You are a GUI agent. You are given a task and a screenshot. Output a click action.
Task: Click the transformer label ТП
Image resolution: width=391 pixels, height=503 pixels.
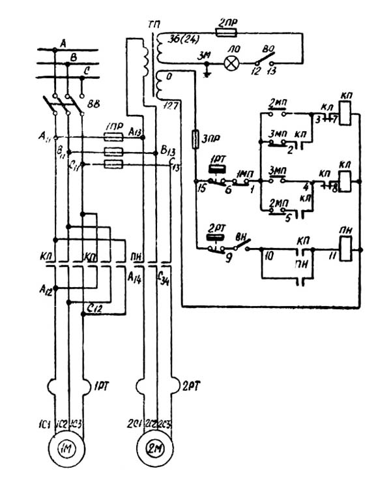[154, 24]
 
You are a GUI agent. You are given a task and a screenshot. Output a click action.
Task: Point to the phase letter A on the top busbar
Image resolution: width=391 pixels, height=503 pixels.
[63, 43]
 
